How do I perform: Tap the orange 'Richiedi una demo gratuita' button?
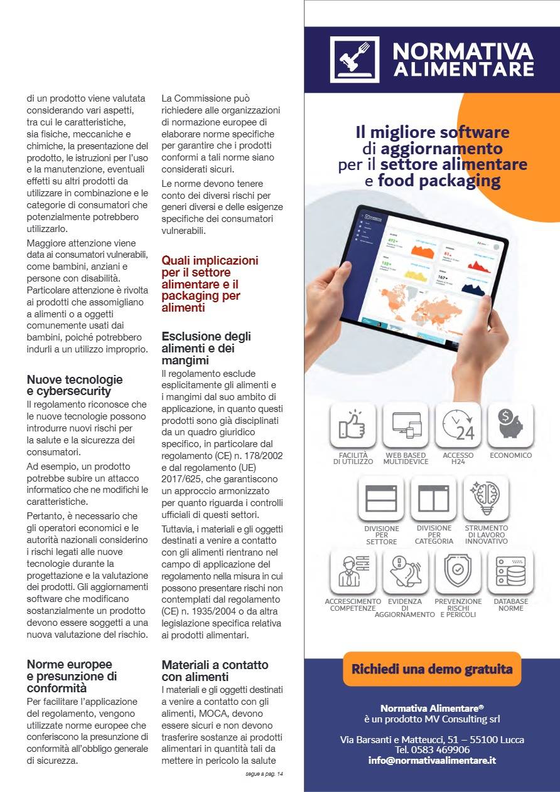432,668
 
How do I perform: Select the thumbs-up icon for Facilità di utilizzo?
353,425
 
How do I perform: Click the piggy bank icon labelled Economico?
510,425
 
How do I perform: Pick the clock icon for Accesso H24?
458,425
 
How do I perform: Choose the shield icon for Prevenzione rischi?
458,571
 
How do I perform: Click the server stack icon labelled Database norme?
510,571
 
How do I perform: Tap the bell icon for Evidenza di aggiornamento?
405,571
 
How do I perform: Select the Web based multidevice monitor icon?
406,425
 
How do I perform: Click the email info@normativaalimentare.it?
432,760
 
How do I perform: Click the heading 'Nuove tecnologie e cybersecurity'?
75,385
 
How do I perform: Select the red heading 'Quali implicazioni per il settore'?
210,283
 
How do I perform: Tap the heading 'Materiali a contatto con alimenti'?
215,670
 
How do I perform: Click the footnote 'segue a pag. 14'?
264,774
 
